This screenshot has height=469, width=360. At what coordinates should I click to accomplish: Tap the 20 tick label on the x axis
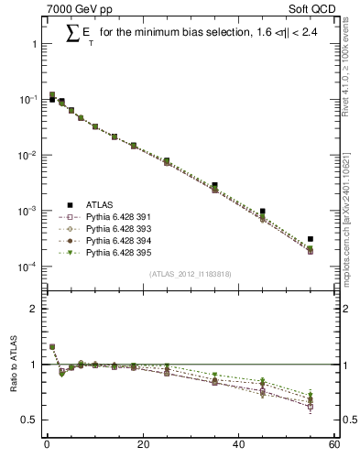coord(142,446)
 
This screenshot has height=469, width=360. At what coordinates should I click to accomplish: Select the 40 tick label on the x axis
coord(238,446)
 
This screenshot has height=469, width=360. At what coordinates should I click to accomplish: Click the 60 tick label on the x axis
coord(334,446)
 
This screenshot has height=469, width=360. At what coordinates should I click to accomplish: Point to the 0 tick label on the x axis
coord(47,446)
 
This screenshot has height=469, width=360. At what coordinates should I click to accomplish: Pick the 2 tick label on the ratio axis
coord(33,309)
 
